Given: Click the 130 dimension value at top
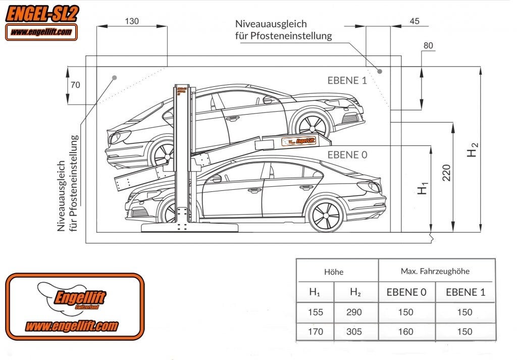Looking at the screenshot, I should [131, 21].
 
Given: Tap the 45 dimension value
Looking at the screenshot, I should [415, 21].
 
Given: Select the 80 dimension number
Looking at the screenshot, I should [428, 46].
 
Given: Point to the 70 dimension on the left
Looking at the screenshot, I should [75, 85].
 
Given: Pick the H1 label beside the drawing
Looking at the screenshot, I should [424, 187].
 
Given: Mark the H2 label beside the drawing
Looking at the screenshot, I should [472, 149].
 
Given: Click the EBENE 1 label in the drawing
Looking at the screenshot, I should [347, 80].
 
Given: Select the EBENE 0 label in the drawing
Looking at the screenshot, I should [347, 155].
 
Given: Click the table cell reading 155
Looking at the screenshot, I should [316, 312].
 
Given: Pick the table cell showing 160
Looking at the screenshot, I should [405, 332].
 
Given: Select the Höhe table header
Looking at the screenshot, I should [334, 272].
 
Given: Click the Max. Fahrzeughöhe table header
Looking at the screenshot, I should [435, 271].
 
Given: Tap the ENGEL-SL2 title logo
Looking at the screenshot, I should [41, 14].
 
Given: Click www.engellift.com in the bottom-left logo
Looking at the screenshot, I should [72, 326].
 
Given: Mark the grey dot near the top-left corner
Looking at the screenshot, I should [115, 78].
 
